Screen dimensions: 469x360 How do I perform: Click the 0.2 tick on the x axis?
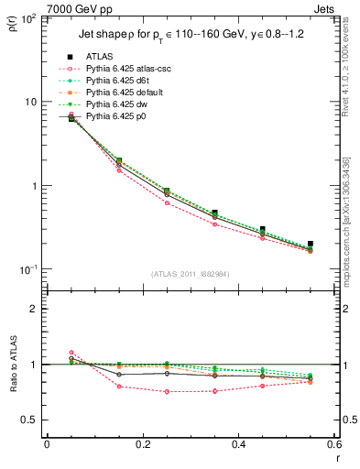pos(142,444)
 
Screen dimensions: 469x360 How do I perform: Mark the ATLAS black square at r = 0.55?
pos(311,244)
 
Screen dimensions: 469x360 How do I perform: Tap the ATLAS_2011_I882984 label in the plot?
pos(190,274)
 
